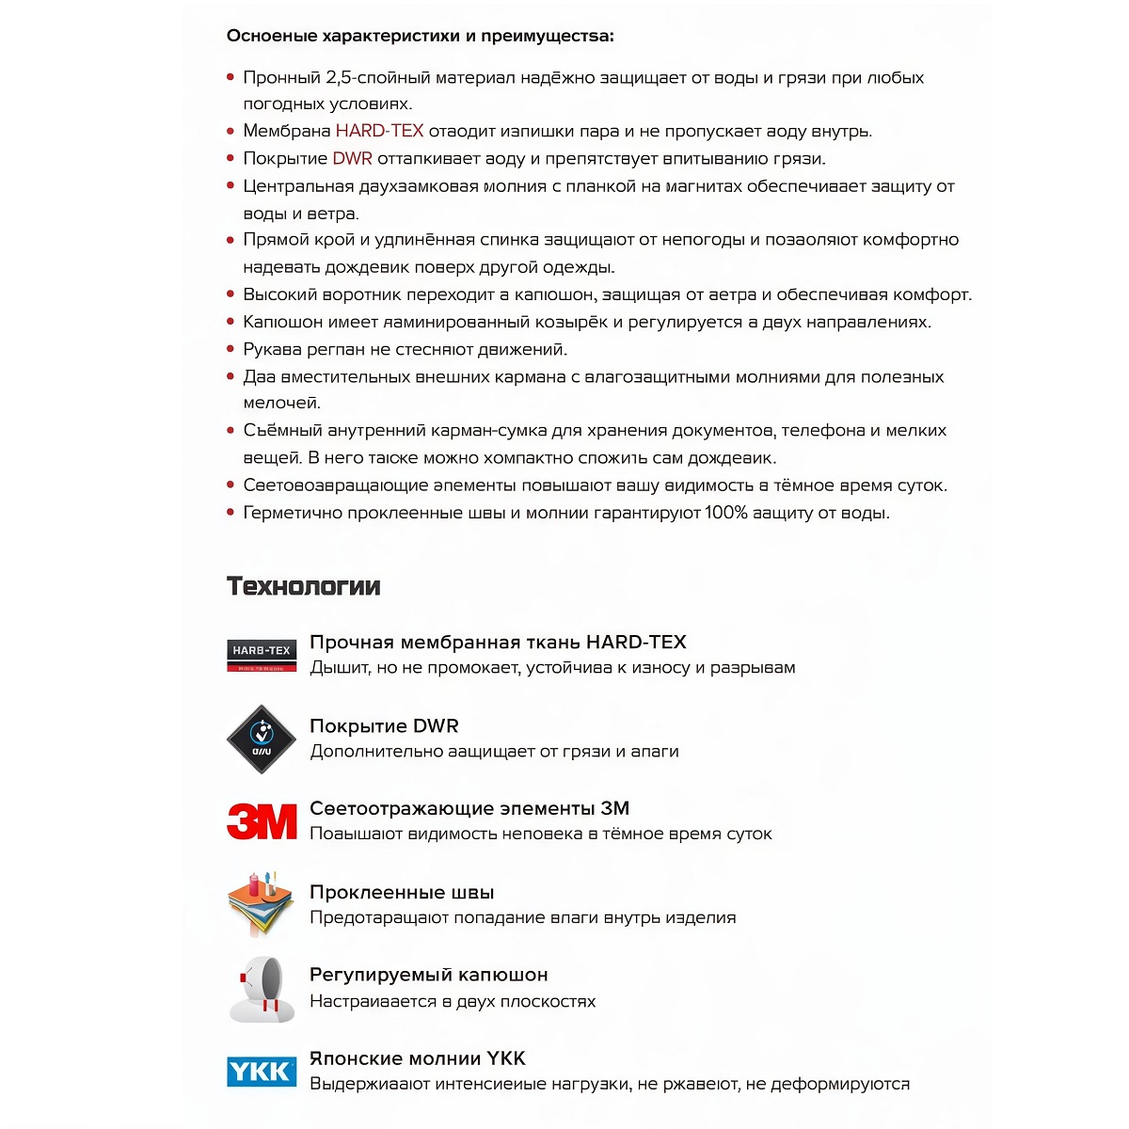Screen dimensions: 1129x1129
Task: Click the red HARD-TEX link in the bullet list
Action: click(x=379, y=131)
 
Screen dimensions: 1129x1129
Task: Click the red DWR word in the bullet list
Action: click(x=353, y=158)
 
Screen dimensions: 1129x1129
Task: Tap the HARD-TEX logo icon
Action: click(x=262, y=655)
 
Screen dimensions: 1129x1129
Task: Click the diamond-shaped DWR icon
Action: click(x=262, y=739)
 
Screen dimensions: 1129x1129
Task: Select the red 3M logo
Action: click(x=262, y=821)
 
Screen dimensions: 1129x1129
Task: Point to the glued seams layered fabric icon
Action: click(x=261, y=904)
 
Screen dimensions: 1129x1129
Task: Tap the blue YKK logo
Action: click(x=262, y=1071)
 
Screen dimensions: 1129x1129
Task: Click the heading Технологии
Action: click(x=304, y=586)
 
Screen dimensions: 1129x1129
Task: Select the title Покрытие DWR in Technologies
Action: click(x=384, y=725)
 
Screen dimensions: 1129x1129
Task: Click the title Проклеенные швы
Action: click(x=402, y=892)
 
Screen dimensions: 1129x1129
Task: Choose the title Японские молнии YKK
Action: click(x=418, y=1058)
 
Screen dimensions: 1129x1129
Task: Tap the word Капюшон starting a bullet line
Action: click(x=282, y=322)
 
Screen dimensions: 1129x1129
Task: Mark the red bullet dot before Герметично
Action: click(x=231, y=513)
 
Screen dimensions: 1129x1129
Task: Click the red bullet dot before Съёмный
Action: click(x=231, y=430)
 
